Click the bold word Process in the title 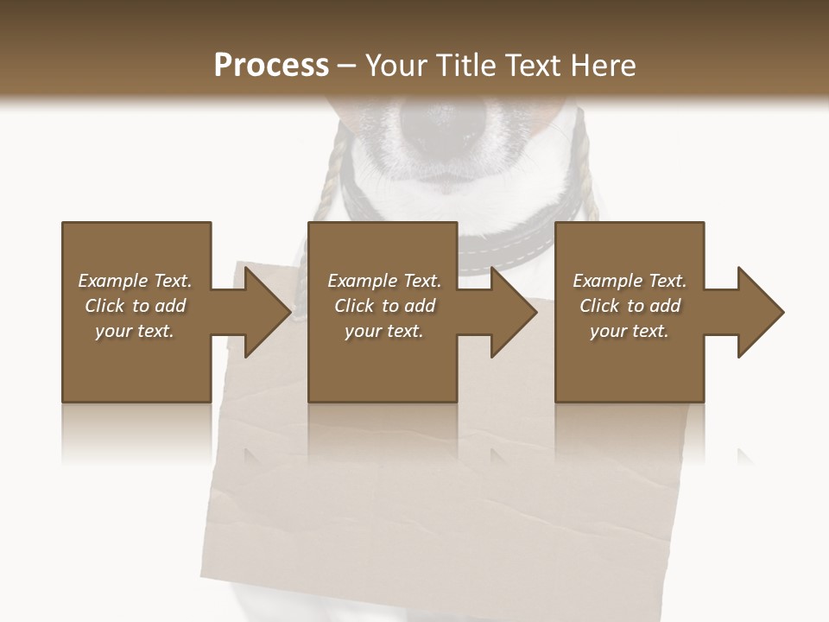[271, 66]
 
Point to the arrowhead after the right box [759, 312]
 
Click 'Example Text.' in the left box [135, 281]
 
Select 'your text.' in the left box [135, 331]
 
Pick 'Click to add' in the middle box [384, 306]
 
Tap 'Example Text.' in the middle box [384, 281]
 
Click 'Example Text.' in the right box [630, 281]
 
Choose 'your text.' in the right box [630, 331]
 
